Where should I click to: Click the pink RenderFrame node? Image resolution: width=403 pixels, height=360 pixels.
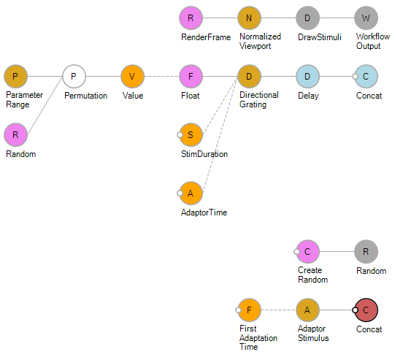coord(191,18)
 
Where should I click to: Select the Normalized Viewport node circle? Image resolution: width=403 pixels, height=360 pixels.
coord(249,18)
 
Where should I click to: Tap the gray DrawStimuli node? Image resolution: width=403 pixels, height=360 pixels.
coord(307,18)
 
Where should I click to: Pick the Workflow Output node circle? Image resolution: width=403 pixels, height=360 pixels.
coord(366,18)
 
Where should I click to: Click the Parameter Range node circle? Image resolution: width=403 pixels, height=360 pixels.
coord(15,77)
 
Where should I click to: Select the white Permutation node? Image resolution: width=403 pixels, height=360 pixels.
coord(74,77)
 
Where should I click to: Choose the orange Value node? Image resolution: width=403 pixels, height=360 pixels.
coord(132,77)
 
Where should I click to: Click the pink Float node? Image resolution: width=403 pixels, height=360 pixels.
coord(191,77)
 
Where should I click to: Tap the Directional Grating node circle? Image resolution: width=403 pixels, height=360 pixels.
coord(249,77)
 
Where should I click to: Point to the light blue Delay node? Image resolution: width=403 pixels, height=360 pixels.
coord(307,77)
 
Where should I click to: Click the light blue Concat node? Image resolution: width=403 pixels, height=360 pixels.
coord(366,77)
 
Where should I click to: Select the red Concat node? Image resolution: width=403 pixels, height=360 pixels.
coord(366,310)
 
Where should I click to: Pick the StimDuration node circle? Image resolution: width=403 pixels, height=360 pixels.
coord(191,135)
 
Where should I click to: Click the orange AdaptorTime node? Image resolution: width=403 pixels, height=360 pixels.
coord(191,193)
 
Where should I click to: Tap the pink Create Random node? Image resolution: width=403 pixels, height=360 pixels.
coord(307,251)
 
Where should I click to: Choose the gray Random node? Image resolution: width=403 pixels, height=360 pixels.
coord(366,251)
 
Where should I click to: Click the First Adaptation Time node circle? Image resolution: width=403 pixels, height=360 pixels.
coord(249,310)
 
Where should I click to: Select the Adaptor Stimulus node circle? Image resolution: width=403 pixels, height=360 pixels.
coord(307,310)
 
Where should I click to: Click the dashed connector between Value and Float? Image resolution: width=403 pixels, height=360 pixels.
coord(161,77)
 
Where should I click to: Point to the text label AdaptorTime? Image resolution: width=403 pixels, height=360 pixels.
coord(204,212)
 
